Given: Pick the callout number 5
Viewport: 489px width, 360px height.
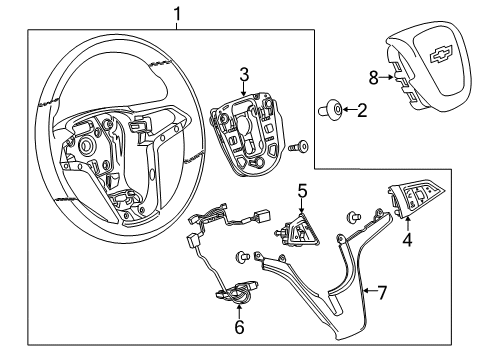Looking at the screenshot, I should [x=302, y=187].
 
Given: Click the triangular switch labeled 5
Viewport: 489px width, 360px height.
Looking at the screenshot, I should [x=300, y=235].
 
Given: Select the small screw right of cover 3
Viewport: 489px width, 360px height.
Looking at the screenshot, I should [x=296, y=148].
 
